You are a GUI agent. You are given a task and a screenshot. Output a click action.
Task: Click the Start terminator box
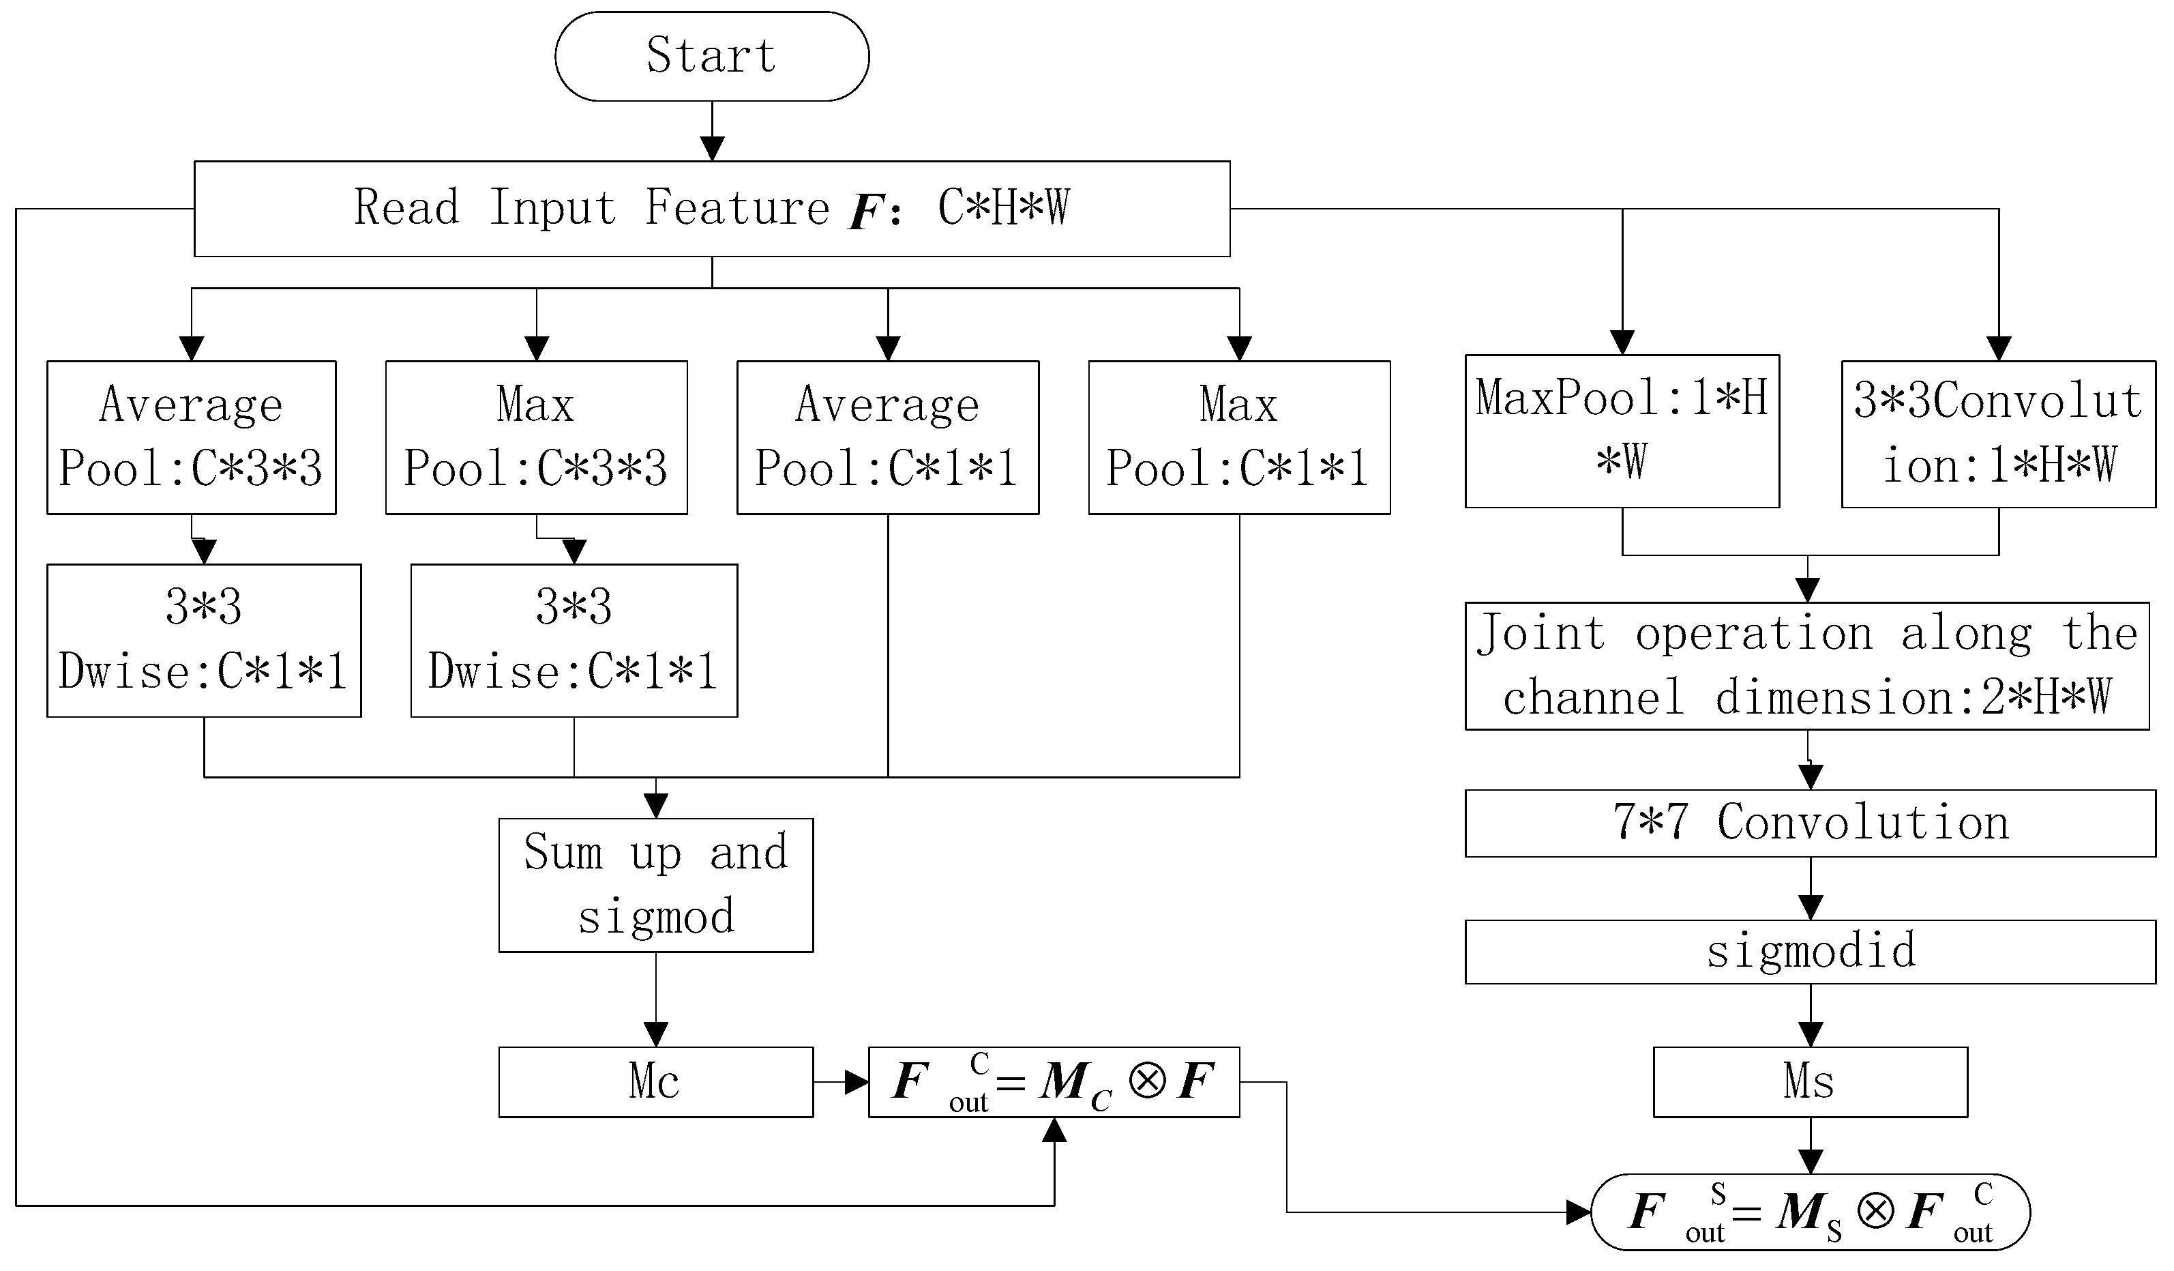coord(712,56)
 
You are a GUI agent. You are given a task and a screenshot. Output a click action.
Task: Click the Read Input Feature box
coord(712,208)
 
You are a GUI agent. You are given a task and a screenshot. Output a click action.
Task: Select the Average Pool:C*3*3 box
coord(191,437)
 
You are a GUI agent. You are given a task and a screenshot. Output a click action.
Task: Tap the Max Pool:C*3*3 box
coord(536,437)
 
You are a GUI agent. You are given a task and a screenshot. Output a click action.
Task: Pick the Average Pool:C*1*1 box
coord(888,437)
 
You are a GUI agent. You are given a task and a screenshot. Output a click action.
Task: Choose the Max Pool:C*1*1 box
coord(1239,437)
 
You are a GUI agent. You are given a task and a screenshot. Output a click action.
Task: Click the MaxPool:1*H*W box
coord(1622,430)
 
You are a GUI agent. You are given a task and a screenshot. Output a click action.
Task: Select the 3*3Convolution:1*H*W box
coord(1998,433)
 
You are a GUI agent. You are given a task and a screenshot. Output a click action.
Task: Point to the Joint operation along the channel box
coord(1806,665)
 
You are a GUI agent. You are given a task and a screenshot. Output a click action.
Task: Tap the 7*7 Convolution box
coord(1810,822)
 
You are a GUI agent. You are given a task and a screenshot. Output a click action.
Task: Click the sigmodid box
coord(1810,951)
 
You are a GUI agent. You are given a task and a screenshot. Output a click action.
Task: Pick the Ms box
coord(1810,1081)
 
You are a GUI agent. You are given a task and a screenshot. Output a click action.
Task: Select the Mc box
coord(655,1081)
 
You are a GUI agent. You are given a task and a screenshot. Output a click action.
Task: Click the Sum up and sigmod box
coord(655,884)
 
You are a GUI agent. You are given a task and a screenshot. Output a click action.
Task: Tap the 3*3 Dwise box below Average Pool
coord(204,640)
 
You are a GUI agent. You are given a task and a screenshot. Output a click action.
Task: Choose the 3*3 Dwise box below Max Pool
coord(574,640)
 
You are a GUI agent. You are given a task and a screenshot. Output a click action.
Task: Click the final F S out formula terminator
coord(1810,1212)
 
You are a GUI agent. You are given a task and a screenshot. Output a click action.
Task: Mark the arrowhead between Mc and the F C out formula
coord(857,1081)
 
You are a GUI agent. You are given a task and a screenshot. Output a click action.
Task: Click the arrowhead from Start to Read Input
coord(712,149)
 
